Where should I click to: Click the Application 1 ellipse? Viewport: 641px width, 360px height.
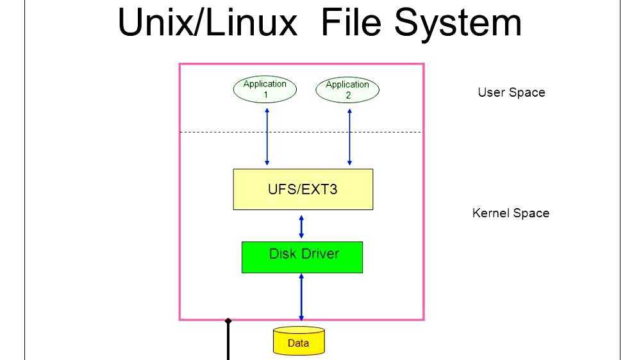click(265, 89)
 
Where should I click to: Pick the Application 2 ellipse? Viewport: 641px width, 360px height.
click(347, 90)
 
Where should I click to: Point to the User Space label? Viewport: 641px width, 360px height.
click(511, 92)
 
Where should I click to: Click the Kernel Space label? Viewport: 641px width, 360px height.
click(510, 213)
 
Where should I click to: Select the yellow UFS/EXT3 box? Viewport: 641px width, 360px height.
click(303, 189)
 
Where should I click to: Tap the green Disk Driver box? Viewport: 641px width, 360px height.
click(302, 257)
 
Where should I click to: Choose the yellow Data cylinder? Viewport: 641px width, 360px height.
click(299, 341)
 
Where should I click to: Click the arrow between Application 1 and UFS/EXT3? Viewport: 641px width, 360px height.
click(267, 136)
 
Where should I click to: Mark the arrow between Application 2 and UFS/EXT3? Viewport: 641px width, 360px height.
click(349, 136)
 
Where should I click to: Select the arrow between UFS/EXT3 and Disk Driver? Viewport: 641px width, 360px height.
click(301, 227)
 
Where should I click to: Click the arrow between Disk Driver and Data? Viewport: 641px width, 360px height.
click(301, 297)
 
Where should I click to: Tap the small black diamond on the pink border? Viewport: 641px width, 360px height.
click(228, 320)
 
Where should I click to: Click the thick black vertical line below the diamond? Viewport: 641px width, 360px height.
click(228, 343)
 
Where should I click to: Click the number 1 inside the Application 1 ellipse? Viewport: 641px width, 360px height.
click(265, 95)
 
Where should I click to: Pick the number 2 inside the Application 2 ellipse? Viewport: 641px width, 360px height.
click(348, 95)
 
